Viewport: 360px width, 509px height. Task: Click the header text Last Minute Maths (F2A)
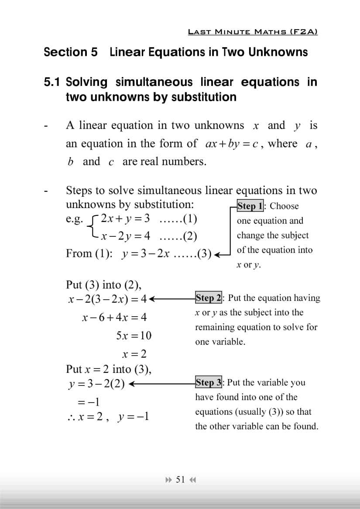(253, 32)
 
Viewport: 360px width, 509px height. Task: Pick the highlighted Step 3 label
(209, 383)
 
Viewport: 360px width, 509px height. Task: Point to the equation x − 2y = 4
(125, 236)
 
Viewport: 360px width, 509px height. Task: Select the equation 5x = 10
(134, 335)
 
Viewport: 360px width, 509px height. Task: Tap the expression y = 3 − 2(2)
(96, 384)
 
